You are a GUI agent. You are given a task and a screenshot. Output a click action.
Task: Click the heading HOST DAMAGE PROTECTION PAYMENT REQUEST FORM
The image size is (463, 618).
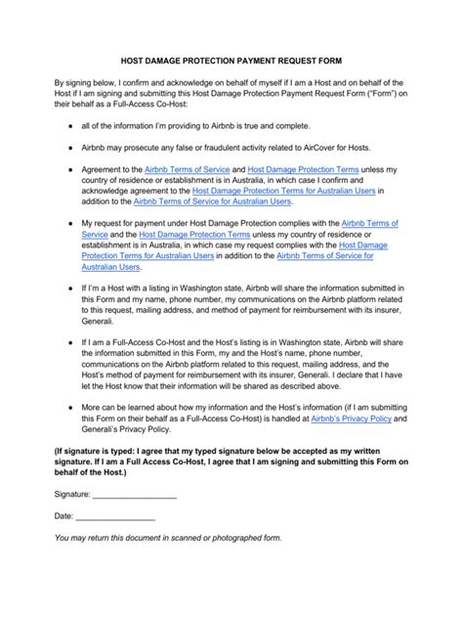231,59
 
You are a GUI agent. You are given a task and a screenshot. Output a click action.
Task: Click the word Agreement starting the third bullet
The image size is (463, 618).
105,169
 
